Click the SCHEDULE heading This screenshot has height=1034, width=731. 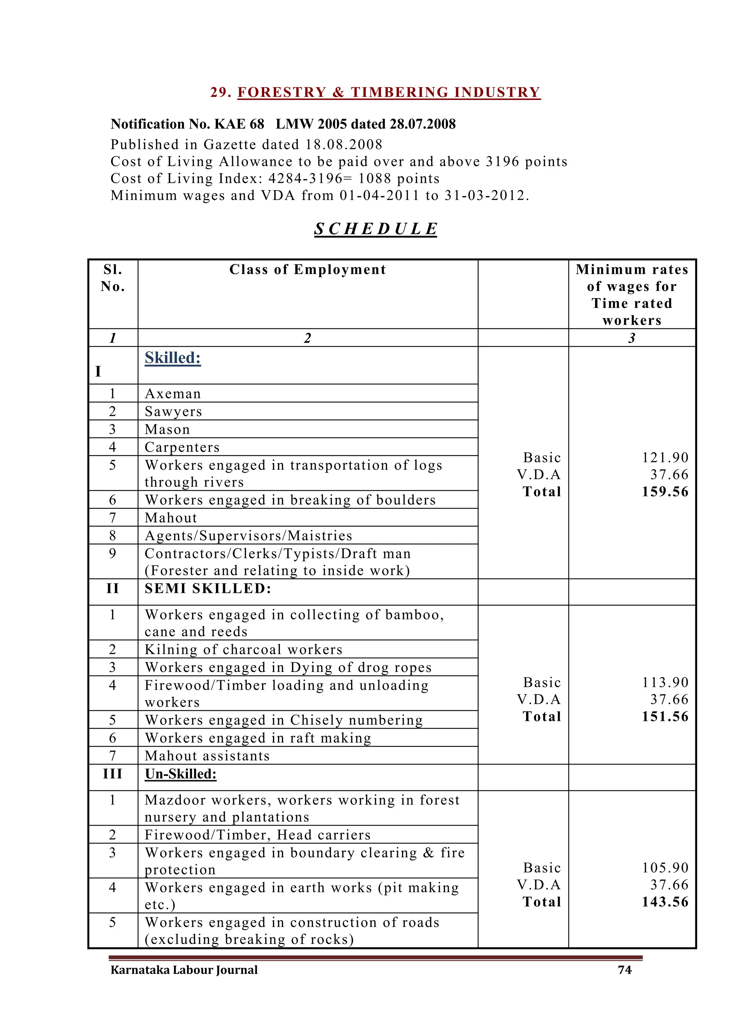point(375,229)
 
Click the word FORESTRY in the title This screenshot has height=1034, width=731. point(281,92)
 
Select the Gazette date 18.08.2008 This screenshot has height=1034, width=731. point(344,145)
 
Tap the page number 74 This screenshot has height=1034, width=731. point(624,970)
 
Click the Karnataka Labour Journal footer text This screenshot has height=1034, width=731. point(184,970)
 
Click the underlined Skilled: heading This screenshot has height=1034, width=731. point(172,358)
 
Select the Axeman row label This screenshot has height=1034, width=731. point(173,393)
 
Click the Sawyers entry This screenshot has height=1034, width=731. point(173,412)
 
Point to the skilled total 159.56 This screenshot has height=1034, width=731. point(665,492)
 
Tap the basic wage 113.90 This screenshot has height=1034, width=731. point(665,682)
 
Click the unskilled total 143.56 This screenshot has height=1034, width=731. point(665,902)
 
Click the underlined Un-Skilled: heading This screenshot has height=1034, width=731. point(181,774)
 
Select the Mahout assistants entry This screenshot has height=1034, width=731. point(207,756)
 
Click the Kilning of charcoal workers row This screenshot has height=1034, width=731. point(243,649)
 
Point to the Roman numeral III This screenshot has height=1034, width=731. point(112,774)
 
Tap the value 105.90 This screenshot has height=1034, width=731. point(665,868)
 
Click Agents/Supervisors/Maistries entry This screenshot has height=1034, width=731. point(248,536)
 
